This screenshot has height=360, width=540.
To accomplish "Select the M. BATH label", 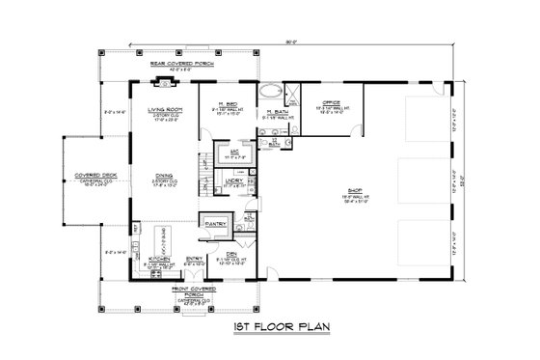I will pyautogui.click(x=276, y=113).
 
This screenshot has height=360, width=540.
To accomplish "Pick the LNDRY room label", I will pyautogui.click(x=233, y=179).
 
